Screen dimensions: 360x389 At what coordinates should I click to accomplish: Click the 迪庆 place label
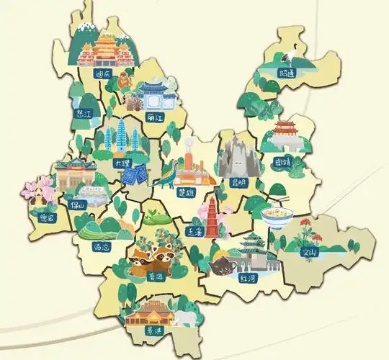pyautogui.click(x=103, y=73)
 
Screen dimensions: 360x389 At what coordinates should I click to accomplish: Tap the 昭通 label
pyautogui.click(x=287, y=73)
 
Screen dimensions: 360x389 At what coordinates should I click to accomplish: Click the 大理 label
pyautogui.click(x=122, y=163)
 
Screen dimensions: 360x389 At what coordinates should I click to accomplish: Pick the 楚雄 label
pyautogui.click(x=186, y=192)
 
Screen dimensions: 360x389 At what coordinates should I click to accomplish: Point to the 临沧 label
pyautogui.click(x=102, y=247)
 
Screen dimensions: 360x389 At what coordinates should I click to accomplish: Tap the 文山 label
pyautogui.click(x=309, y=252)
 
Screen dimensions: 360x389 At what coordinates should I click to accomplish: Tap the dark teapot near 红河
pyautogui.click(x=222, y=267)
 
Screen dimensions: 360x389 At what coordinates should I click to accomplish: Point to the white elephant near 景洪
pyautogui.click(x=186, y=318)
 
